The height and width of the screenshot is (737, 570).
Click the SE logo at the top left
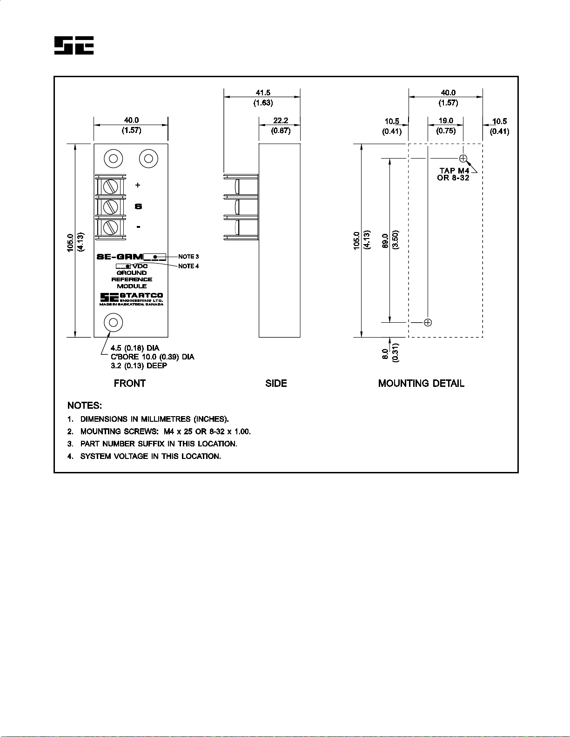74,45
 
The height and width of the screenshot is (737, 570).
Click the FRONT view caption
130,383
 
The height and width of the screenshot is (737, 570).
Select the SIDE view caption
276,383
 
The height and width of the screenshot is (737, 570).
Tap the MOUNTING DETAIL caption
421,383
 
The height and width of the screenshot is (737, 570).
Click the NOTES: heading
85,405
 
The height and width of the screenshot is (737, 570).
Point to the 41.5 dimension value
263,93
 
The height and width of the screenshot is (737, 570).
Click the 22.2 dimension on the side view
281,120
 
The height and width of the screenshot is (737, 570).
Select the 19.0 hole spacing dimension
446,120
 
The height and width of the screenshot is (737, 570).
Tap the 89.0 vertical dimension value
385,241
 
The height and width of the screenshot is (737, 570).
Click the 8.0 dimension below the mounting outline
385,354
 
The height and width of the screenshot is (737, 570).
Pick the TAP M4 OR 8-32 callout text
453,174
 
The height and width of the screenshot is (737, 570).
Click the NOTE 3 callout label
188,257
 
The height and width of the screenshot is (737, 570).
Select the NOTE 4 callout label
188,266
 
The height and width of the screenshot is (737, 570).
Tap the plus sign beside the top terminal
138,185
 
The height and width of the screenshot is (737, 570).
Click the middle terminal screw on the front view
110,206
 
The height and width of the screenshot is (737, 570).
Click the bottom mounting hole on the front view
114,323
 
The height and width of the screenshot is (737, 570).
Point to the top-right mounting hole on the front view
148,159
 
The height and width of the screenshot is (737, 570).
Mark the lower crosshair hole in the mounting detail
428,323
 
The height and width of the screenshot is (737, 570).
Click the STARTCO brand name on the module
141,295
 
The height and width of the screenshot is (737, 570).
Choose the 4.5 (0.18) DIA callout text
134,348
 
